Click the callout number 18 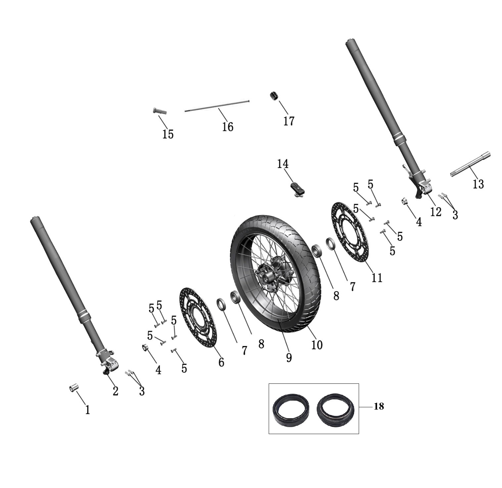pos(379,406)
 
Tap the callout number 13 pos(478,184)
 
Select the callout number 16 pos(228,126)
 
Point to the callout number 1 pos(87,410)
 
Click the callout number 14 pos(283,164)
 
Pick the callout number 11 pos(377,277)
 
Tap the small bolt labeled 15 pos(160,111)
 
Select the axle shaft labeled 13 pos(470,164)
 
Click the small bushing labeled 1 pos(73,388)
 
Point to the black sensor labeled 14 pos(297,190)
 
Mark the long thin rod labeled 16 pos(217,106)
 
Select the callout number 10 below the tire pos(317,345)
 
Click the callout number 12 pos(435,212)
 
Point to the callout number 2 pos(115,391)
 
